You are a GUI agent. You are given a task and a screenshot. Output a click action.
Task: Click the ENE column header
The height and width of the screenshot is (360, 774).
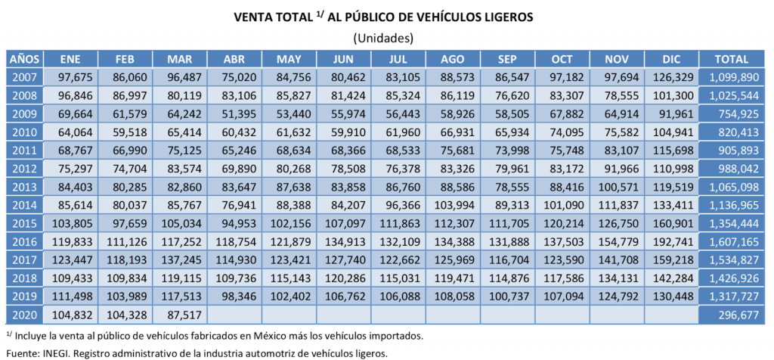point(71,59)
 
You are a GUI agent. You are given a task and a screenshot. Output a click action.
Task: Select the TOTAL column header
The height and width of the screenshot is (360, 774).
point(731,59)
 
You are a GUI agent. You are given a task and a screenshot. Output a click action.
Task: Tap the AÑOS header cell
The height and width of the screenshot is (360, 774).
point(25,59)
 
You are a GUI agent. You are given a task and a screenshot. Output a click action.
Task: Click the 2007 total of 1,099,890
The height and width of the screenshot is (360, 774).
point(731,76)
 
